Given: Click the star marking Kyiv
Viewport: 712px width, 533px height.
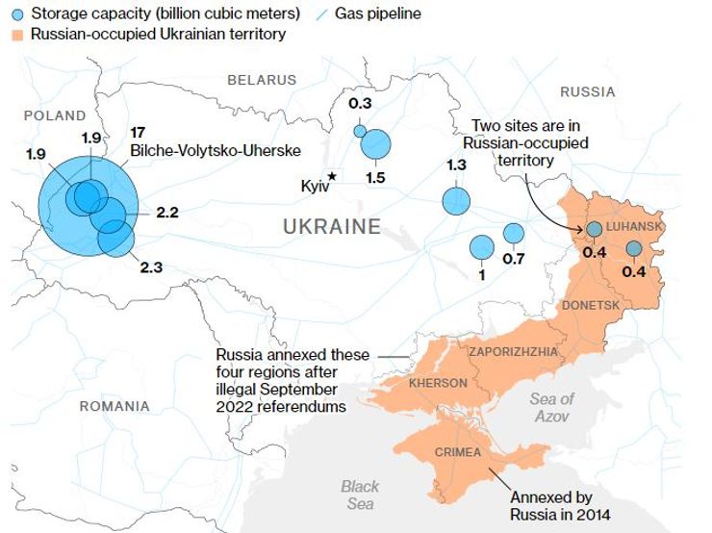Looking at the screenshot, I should (x=332, y=176).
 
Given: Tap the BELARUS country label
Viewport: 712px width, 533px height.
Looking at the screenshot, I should (x=262, y=80).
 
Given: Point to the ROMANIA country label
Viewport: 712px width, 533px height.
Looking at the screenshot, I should (x=114, y=406).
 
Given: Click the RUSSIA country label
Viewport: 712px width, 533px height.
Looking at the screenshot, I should (x=587, y=92).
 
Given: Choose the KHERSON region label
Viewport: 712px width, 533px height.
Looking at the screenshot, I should (x=438, y=383).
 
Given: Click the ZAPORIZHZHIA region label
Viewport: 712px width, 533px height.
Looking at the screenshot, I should (x=513, y=351).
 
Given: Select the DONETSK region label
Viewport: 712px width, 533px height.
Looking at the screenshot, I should (x=591, y=305).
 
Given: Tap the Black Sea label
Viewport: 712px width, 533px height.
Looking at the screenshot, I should (x=360, y=495).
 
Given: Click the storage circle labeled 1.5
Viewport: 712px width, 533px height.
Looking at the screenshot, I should (x=376, y=144).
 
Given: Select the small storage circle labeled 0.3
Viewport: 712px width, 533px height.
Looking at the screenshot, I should (x=360, y=131).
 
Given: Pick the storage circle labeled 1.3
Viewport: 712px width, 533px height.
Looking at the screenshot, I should (x=456, y=201).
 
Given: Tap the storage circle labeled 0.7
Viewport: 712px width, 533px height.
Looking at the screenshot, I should (x=514, y=233).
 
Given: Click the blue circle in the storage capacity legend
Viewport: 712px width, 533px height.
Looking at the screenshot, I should (x=16, y=14).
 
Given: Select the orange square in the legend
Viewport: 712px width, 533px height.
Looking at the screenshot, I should (x=16, y=35).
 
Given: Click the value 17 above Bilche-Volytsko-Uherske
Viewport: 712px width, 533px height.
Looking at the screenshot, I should (x=137, y=133).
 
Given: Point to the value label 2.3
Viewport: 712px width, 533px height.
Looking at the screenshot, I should (x=152, y=267).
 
